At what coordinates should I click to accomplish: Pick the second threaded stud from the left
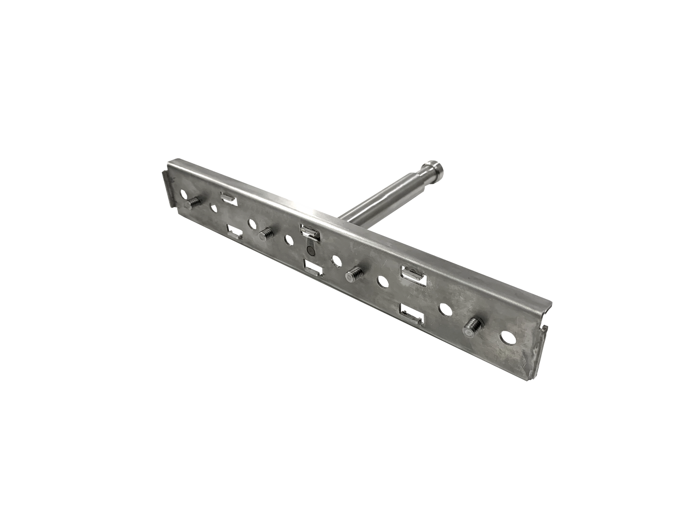pos(265,232)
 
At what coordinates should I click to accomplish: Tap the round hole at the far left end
pos(183,194)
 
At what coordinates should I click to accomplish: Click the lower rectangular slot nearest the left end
pos(234,232)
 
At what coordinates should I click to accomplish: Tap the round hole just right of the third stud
pos(381,282)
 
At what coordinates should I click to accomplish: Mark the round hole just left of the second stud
pos(250,222)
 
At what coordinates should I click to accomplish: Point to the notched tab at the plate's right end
pos(545,328)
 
